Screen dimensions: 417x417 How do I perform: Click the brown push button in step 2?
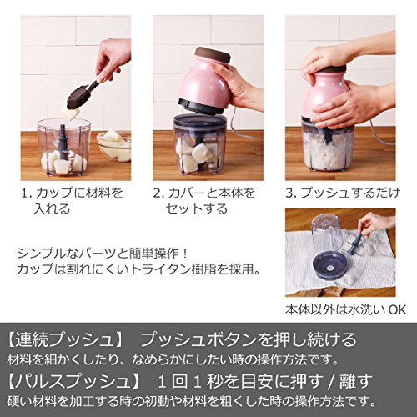point(213,54)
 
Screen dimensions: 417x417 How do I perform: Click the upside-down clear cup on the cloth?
point(325,235)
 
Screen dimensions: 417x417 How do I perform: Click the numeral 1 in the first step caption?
point(25,193)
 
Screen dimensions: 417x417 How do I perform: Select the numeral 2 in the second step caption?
point(158,193)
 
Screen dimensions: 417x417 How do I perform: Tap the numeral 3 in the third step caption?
point(290,193)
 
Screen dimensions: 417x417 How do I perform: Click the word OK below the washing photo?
point(397,309)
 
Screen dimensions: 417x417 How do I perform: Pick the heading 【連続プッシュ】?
point(65,339)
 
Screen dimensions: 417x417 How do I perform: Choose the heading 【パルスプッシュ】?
point(73,380)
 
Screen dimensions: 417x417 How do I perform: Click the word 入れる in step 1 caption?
point(52,208)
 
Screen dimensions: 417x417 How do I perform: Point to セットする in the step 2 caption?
point(197,208)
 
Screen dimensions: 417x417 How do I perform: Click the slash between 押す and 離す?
point(331,381)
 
